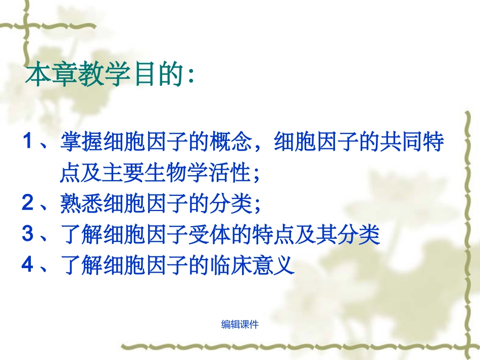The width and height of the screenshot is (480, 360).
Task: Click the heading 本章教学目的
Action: [x=109, y=76]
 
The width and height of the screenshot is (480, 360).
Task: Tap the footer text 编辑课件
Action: [x=240, y=325]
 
